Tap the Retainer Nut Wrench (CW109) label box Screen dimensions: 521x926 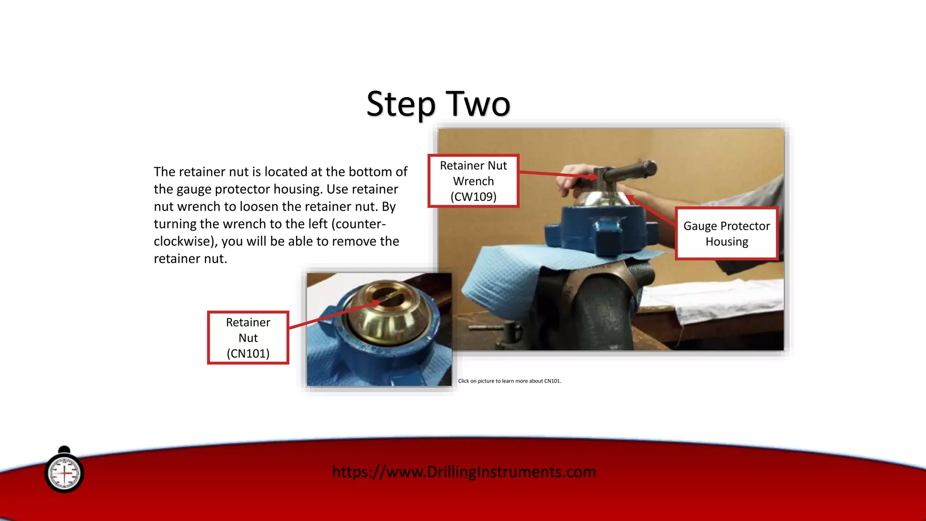click(473, 181)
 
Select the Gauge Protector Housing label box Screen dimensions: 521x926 click(726, 233)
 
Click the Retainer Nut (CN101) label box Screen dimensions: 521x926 click(248, 338)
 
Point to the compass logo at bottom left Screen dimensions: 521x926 click(64, 473)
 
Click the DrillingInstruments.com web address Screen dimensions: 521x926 click(464, 472)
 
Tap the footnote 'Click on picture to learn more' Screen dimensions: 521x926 click(509, 381)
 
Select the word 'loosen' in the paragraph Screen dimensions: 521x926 click(259, 207)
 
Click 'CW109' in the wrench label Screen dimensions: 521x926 click(473, 197)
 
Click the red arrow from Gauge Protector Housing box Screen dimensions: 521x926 click(651, 210)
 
